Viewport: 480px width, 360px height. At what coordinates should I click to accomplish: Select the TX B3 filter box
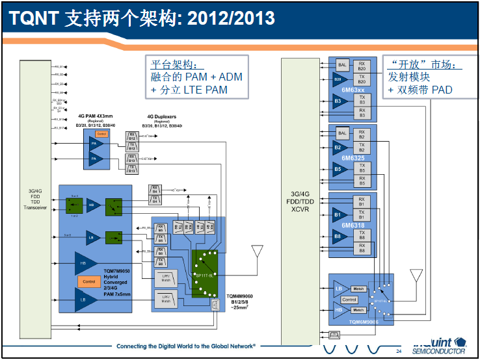coord(362,99)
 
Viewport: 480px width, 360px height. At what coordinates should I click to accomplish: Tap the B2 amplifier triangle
coord(338,148)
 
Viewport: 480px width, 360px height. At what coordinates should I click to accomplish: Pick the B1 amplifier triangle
coord(338,213)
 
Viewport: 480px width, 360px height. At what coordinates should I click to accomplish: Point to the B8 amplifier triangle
coord(338,237)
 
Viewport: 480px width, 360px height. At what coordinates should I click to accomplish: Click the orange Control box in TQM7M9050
coord(89,281)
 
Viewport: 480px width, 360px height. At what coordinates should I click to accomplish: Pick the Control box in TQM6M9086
coord(349,300)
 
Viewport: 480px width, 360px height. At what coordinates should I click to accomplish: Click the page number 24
coord(399,351)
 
